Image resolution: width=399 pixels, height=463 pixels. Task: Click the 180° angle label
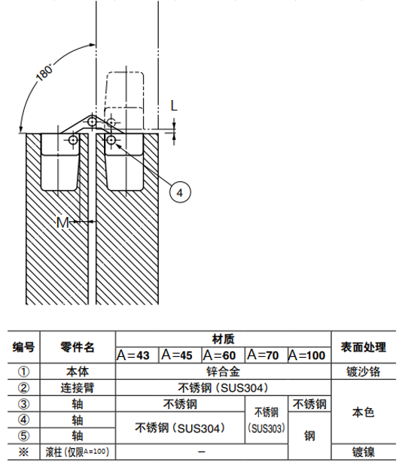(44, 72)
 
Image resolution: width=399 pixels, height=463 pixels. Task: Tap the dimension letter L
(174, 105)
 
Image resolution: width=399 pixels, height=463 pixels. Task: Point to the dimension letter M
(62, 222)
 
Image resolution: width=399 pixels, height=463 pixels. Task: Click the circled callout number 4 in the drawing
(180, 192)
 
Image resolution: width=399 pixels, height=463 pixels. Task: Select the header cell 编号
(23, 347)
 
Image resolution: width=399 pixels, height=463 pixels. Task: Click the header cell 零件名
(78, 347)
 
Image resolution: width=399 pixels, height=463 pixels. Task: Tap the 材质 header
(224, 339)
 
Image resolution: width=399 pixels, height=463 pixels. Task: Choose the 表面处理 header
(364, 347)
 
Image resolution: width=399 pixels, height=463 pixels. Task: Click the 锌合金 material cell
(224, 371)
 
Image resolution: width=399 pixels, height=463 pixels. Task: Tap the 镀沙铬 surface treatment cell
(364, 371)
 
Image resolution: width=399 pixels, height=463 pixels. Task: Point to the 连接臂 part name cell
(78, 388)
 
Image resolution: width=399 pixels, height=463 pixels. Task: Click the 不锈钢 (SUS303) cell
(267, 420)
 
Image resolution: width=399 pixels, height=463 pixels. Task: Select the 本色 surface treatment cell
(364, 412)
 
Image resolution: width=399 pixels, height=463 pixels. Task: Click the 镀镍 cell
(364, 452)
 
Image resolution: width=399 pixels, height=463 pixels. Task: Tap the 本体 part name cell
(78, 371)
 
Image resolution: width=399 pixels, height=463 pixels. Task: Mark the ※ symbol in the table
(23, 452)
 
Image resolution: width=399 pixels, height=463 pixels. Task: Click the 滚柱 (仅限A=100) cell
(78, 452)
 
